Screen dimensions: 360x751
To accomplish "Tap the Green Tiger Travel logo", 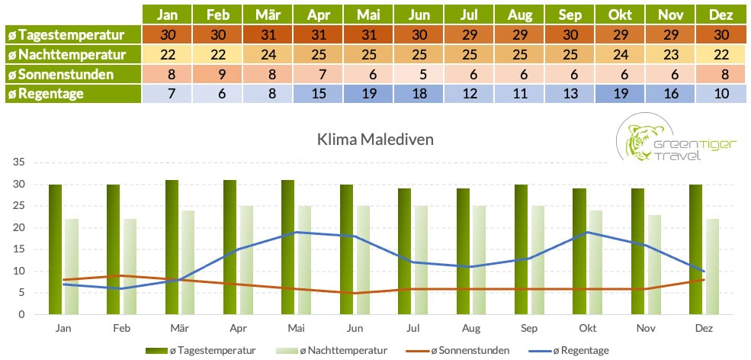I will (676, 140).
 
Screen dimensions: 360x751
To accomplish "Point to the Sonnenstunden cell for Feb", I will (217, 74).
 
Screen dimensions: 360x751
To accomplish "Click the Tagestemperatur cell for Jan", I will (167, 34).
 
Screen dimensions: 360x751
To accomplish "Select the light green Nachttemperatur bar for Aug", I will (479, 259).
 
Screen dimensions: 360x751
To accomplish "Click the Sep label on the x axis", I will (530, 326).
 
